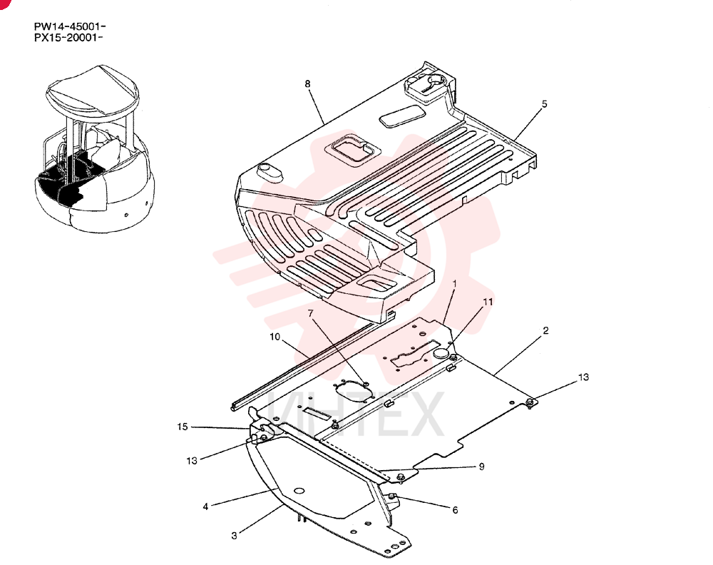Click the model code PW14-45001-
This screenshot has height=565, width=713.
[x=70, y=27]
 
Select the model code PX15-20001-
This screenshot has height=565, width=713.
[x=68, y=38]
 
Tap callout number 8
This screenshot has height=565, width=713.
[x=308, y=83]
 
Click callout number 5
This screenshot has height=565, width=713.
[x=544, y=104]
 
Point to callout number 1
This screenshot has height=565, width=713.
[x=453, y=284]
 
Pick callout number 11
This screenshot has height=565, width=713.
[x=488, y=302]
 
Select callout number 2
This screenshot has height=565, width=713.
[x=545, y=330]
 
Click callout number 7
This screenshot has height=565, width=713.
[x=311, y=313]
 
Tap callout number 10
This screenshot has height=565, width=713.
[x=275, y=337]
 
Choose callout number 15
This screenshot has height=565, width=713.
[x=183, y=427]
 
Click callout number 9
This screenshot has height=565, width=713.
[x=481, y=467]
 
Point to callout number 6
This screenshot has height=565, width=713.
[x=455, y=510]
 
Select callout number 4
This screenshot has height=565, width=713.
[x=205, y=507]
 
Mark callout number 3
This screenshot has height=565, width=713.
[x=234, y=536]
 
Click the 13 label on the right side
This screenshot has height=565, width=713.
[x=583, y=377]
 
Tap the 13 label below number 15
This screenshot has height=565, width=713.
[x=192, y=461]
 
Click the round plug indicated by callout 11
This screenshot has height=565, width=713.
[x=441, y=352]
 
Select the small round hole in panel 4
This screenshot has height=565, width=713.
[x=299, y=492]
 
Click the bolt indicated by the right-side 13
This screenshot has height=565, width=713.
[x=529, y=402]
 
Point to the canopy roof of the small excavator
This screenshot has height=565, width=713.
[x=92, y=91]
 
